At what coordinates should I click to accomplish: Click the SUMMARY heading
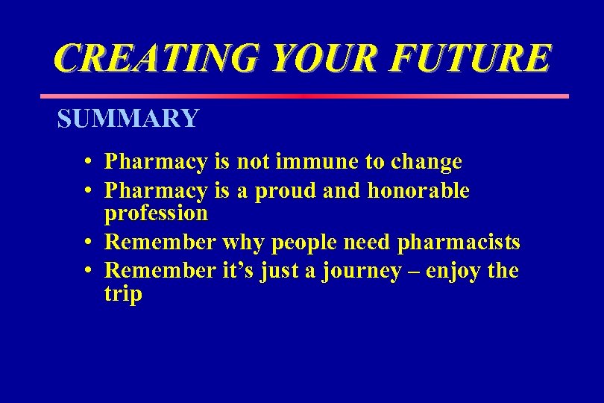(128, 119)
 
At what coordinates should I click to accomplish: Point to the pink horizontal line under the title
(303, 96)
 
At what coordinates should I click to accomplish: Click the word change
(427, 163)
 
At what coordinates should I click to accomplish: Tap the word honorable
(418, 191)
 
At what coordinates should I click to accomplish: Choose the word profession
(156, 214)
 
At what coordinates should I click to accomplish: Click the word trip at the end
(123, 294)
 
